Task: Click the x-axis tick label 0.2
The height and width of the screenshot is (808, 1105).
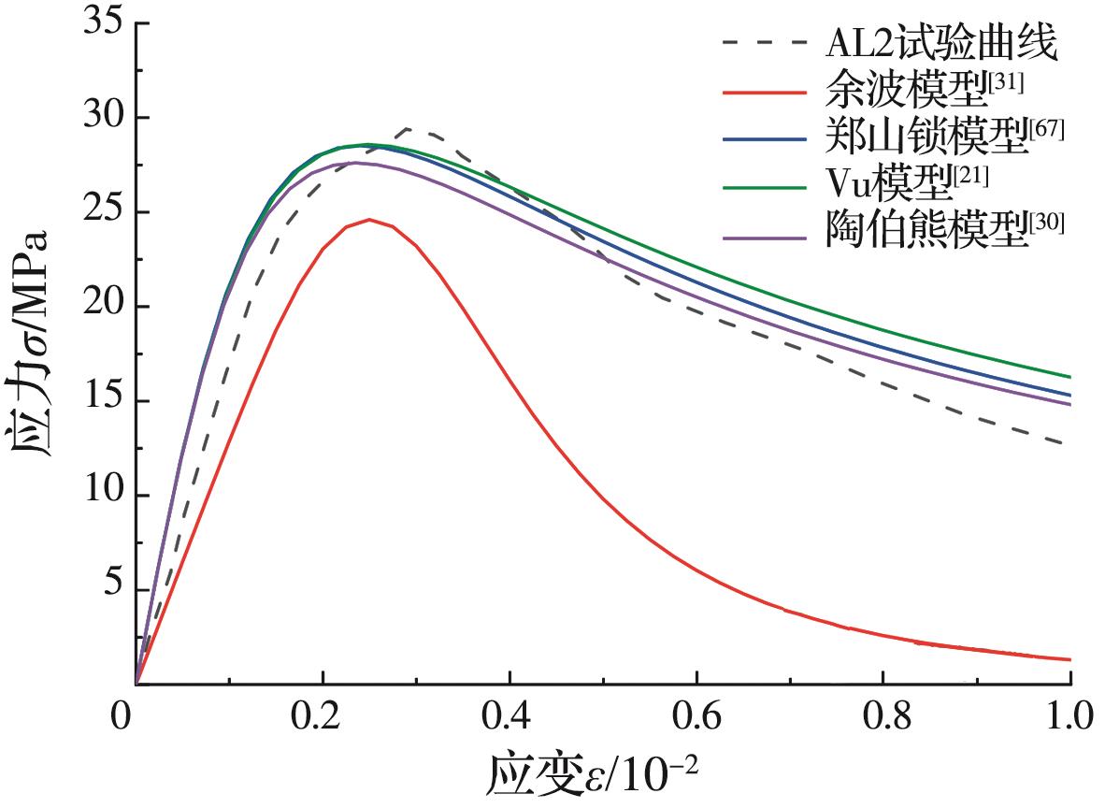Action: click(x=323, y=719)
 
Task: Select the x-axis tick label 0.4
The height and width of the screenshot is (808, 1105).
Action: click(x=509, y=719)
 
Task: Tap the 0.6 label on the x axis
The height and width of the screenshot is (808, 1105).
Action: click(x=696, y=719)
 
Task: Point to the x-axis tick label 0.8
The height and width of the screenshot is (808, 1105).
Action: click(x=883, y=719)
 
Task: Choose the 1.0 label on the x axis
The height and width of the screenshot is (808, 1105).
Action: click(x=1069, y=719)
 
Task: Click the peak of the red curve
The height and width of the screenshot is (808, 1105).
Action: click(x=370, y=220)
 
